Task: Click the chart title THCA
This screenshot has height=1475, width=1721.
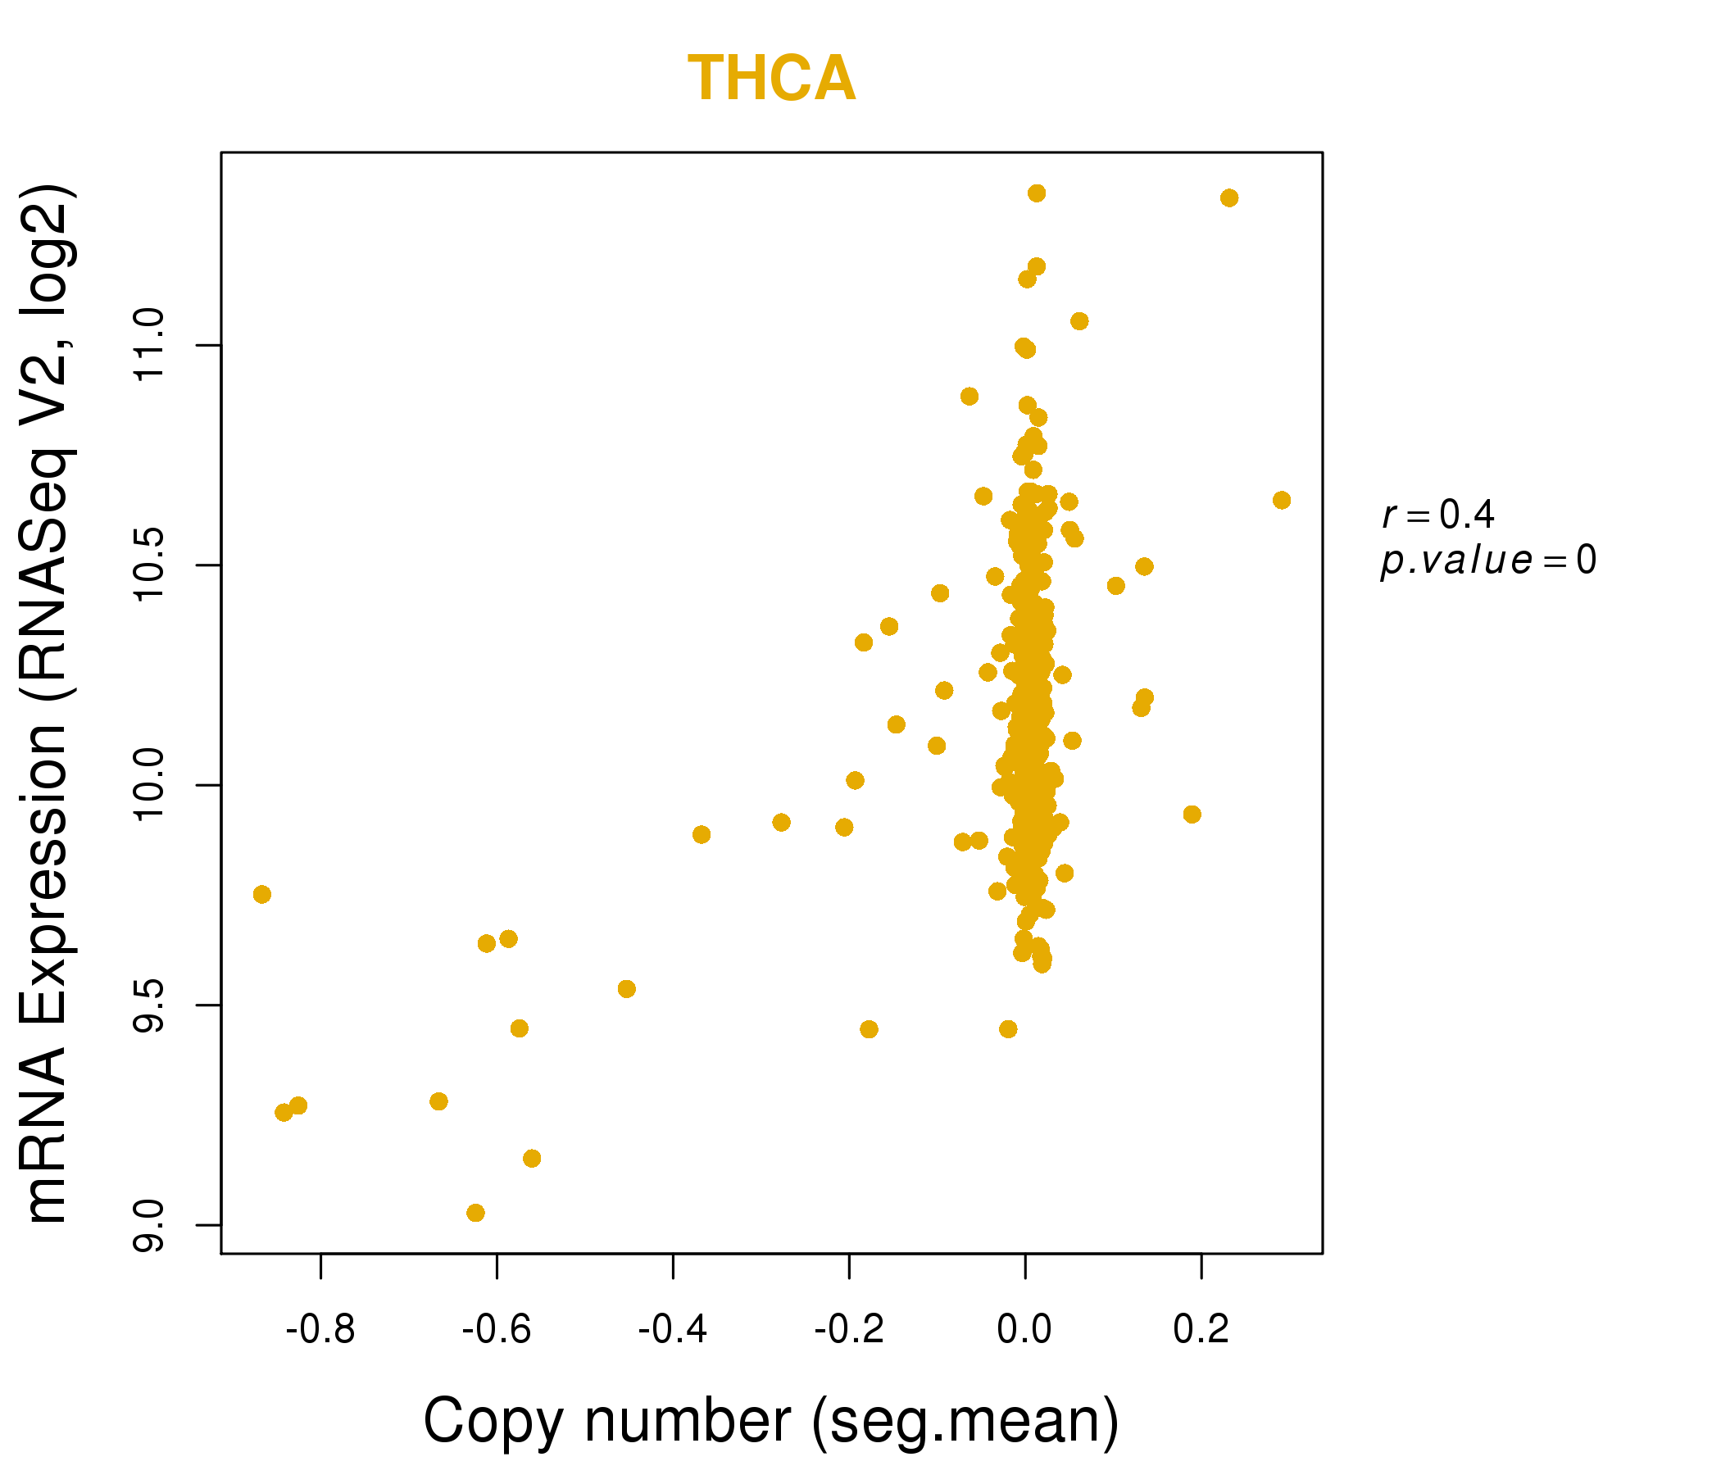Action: (771, 79)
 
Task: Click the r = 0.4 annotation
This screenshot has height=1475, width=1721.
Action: (1437, 515)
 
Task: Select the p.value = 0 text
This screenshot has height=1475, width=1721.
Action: (1487, 560)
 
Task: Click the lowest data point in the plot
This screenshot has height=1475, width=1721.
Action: (475, 1213)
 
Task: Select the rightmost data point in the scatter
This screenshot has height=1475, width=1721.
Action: (1281, 500)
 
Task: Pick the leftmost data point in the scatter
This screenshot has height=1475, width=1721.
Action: (261, 895)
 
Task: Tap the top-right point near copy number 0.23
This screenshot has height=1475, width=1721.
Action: (1228, 197)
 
